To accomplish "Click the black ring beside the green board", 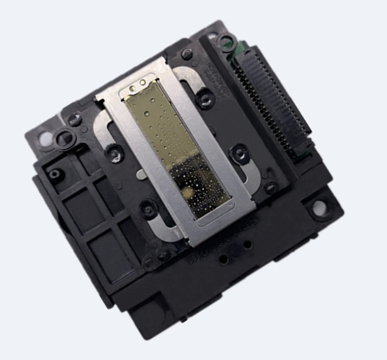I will (x=226, y=40).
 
